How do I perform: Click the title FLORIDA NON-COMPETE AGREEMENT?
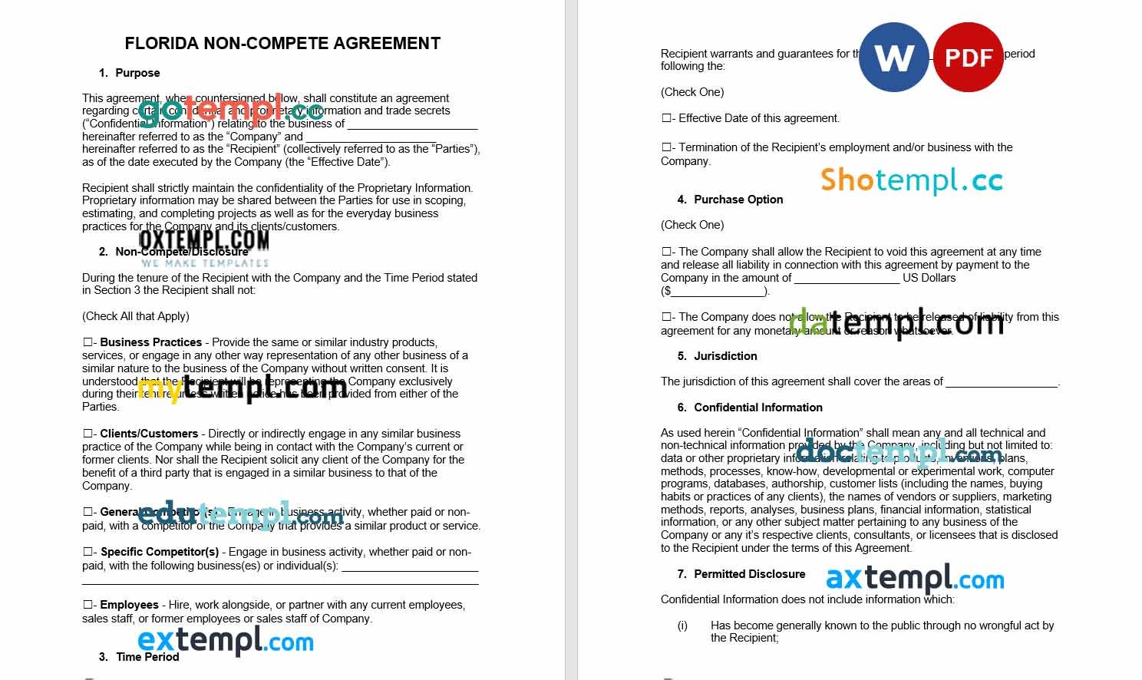282,44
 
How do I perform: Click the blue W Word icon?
893,57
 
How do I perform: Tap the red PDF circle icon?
968,58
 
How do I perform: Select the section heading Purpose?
137,73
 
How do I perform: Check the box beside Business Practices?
88,342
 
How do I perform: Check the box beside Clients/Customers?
88,434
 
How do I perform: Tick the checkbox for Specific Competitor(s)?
88,552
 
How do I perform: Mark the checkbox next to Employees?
88,605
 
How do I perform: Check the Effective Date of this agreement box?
666,118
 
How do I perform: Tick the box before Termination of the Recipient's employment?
666,147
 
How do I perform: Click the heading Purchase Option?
738,200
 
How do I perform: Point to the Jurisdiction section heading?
725,356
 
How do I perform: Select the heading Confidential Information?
757,408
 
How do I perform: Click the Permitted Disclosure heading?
749,574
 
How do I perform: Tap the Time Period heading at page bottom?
147,657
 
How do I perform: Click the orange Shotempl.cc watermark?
911,180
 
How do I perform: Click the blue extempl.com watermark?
226,640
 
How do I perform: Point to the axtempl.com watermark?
915,579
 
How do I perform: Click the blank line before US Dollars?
847,278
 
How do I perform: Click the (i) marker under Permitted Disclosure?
682,626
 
